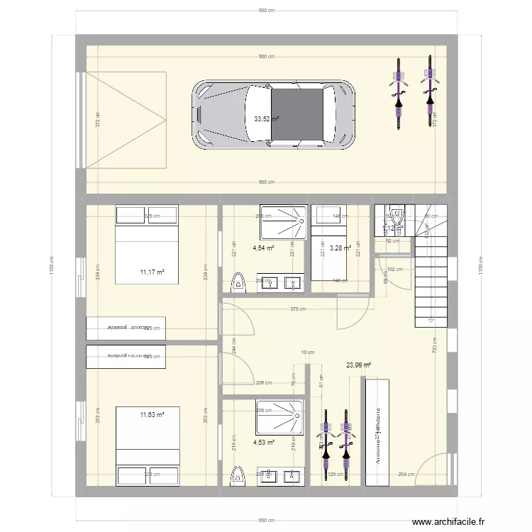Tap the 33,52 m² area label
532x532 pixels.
pos(267,118)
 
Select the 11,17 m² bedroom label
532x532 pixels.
pos(152,271)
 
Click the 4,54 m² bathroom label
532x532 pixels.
pos(263,248)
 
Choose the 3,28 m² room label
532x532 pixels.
pos(340,248)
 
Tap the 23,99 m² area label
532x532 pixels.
pos(359,365)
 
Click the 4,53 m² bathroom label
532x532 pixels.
pos(263,443)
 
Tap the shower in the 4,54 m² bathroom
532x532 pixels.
pos(283,222)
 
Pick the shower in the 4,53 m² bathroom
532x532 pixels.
pos(280,417)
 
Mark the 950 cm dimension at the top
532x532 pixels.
pos(266,11)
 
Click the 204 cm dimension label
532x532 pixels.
pos(406,475)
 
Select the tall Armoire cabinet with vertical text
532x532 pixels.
pos(377,433)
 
